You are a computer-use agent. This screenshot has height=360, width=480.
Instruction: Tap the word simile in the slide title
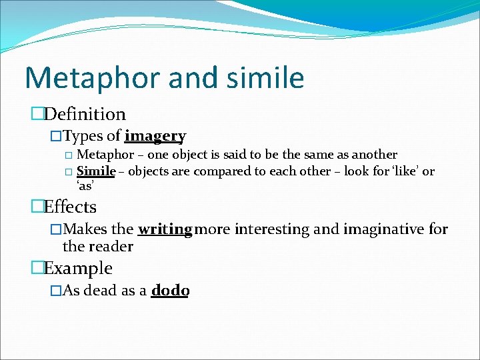265,78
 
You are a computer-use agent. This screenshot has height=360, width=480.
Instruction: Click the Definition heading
84,115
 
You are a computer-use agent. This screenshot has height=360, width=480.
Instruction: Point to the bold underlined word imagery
155,137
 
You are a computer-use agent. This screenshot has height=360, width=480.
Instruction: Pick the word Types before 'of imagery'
83,137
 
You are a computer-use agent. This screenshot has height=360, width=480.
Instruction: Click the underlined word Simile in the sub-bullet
97,171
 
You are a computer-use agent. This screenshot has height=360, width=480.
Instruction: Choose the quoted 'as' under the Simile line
86,186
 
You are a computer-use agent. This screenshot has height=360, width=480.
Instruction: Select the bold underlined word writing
165,230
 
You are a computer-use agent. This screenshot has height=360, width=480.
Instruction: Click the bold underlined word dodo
170,291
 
